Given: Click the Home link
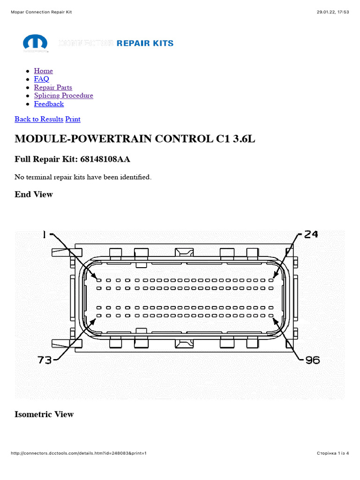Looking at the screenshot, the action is [x=43, y=71].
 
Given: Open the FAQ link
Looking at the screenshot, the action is [x=41, y=79].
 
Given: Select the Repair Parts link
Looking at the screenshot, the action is [x=53, y=87].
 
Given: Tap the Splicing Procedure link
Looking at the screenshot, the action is [x=63, y=96].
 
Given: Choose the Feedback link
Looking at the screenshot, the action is [x=49, y=104].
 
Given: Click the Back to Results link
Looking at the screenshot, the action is [x=38, y=119].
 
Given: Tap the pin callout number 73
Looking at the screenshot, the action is [x=45, y=360].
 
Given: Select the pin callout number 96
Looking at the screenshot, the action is [x=312, y=360].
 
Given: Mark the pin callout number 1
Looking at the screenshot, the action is [x=45, y=234].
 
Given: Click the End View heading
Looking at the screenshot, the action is [x=34, y=194].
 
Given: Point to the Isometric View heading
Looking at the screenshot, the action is [x=44, y=414].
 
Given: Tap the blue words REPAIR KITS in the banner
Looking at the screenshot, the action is [x=145, y=43].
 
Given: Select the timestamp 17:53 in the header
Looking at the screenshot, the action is [x=343, y=12].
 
